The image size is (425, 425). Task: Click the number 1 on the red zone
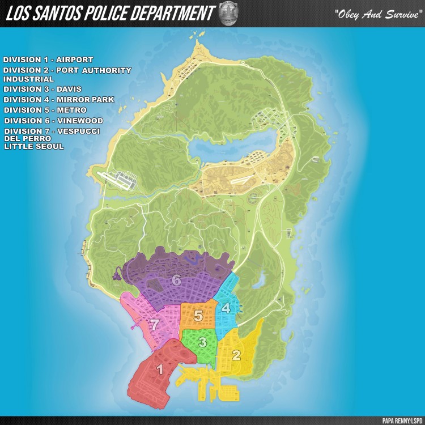pos(160,370)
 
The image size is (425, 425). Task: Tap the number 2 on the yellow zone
pos(236,355)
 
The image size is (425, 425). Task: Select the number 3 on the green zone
pos(202,342)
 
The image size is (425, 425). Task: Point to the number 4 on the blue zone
pos(226,308)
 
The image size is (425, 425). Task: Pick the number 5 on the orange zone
pos(198,316)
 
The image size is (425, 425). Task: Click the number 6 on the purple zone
pos(176,280)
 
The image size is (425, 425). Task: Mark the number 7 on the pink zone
pos(154,324)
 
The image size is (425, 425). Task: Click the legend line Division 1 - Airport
pos(48,59)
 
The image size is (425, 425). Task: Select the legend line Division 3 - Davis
pos(42,90)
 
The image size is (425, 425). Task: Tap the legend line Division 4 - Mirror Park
pos(59,100)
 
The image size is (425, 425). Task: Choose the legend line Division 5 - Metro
pos(45,110)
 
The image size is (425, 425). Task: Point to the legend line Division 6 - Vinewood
pos(54,121)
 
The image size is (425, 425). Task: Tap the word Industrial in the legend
pos(29,79)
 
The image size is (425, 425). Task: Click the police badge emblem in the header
pos(228,14)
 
